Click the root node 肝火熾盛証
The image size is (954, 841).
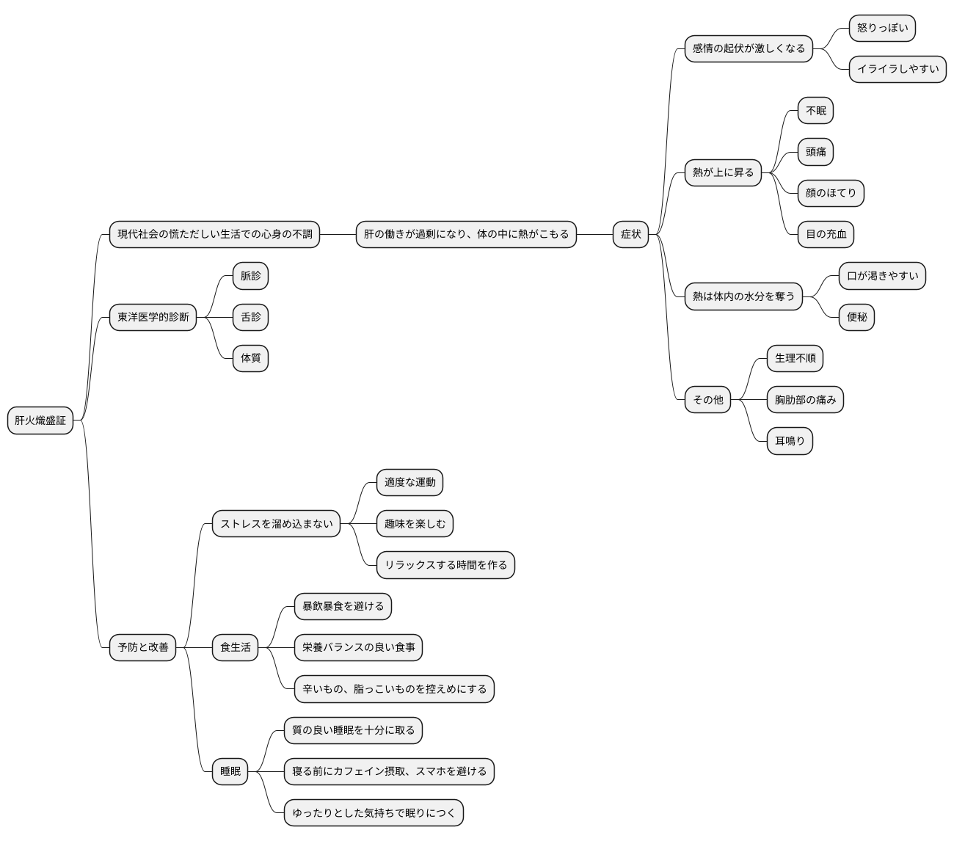[x=40, y=420]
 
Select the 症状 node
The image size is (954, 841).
[x=630, y=234]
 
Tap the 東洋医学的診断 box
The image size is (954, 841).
[x=153, y=317]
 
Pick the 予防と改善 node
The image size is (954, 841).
[x=142, y=647]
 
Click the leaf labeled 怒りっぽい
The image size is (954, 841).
[x=882, y=28]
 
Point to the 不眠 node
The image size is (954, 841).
[x=815, y=111]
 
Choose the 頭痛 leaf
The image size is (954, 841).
[x=815, y=152]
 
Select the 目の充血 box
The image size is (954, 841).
[x=826, y=234]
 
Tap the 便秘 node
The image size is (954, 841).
[x=856, y=317]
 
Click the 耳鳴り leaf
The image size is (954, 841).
[x=790, y=441]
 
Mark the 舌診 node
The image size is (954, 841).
[x=250, y=317]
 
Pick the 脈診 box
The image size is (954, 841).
[x=250, y=276]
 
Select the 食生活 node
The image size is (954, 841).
[x=235, y=647]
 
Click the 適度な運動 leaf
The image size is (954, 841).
[x=409, y=482]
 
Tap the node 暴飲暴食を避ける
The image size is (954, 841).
[x=343, y=606]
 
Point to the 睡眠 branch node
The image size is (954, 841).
[x=230, y=771]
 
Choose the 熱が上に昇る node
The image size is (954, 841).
[x=723, y=172]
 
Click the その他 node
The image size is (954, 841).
[x=707, y=399]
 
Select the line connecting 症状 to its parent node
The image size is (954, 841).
[x=594, y=234]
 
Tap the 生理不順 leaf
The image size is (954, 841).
[x=795, y=358]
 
